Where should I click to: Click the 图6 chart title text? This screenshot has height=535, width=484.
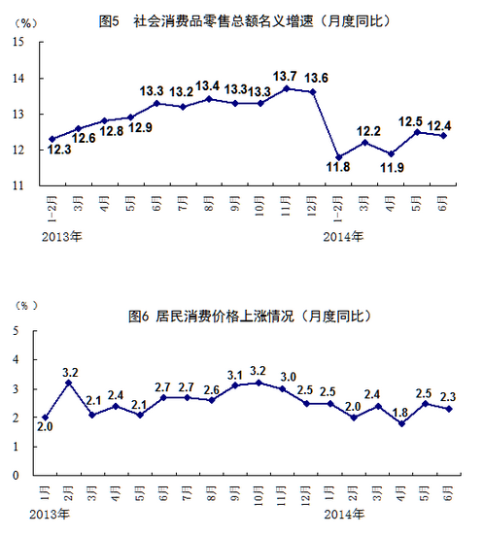249,316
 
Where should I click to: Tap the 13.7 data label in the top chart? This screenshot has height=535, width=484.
285,76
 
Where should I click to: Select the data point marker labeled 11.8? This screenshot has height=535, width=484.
338,156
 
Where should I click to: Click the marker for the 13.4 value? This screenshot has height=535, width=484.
209,99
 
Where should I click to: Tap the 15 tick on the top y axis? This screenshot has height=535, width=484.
18,42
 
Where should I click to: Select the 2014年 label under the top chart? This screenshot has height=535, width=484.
343,235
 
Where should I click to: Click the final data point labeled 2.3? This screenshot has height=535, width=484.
446,409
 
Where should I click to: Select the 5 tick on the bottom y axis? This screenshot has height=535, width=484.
17,331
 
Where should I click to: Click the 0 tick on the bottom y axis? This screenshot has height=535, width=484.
17,476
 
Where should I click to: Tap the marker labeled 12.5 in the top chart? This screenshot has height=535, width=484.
419,131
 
